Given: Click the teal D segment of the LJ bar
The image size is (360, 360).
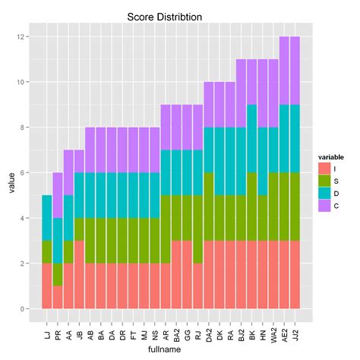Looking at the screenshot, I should [47, 218].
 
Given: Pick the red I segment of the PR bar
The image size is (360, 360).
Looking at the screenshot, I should [58, 297].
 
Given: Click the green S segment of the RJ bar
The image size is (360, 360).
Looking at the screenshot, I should [197, 229].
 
